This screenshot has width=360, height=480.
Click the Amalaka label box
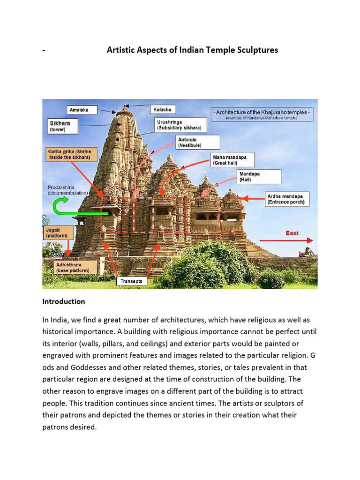tap(82, 110)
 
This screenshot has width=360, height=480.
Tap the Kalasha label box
tap(163, 110)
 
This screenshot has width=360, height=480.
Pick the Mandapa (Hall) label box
tap(259, 176)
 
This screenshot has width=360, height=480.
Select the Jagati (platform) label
tap(57, 232)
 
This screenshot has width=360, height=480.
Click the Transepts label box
tap(131, 281)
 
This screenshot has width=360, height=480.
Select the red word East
tap(292, 233)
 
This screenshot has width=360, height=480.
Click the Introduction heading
tap(64, 301)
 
